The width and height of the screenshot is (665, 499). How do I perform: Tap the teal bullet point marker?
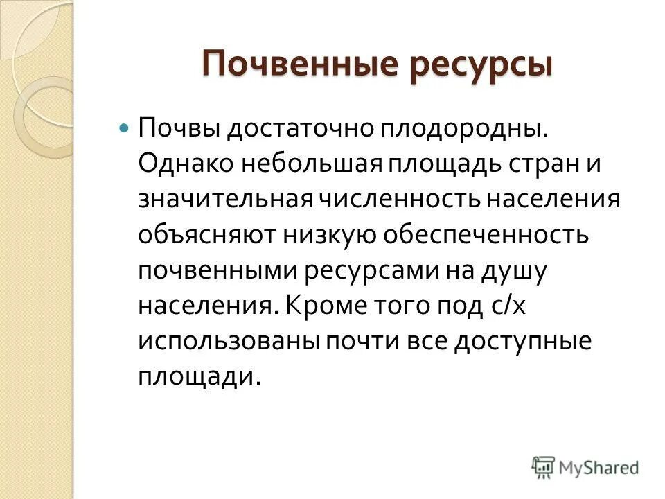[x=125, y=129]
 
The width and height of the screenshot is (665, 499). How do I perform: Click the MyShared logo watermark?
[x=585, y=467]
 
